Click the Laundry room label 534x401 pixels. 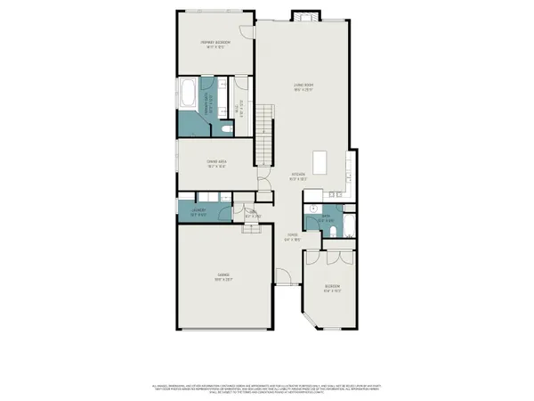198,212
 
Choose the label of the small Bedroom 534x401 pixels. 332,289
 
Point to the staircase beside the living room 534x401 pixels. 264,130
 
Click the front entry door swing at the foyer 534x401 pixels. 281,276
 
